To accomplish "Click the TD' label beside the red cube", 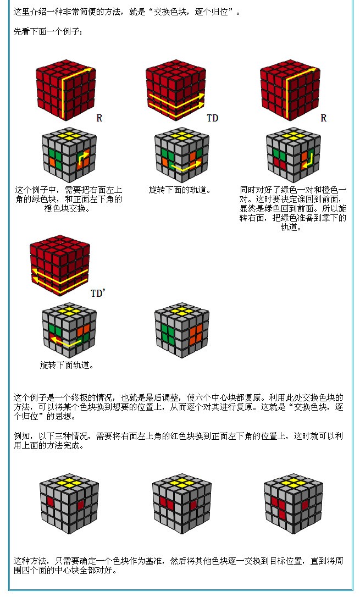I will (x=97, y=294).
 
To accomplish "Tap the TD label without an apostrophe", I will (x=212, y=118).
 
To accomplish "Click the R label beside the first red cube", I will (x=99, y=118).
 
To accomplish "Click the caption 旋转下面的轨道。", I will (x=180, y=190).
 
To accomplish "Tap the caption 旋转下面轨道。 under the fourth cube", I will (x=67, y=365).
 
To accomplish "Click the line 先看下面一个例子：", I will (x=48, y=32).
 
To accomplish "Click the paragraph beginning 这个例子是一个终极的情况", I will (x=179, y=407).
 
